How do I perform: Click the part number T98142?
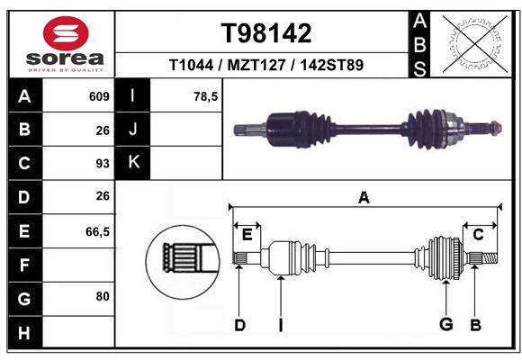(x=266, y=33)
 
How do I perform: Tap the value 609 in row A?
(x=99, y=96)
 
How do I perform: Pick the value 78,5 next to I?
(x=206, y=96)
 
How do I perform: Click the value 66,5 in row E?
(x=97, y=231)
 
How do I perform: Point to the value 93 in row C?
(x=102, y=164)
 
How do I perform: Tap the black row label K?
(x=133, y=163)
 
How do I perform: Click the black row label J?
(x=133, y=130)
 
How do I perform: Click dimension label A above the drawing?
(x=364, y=197)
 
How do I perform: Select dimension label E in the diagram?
(x=247, y=234)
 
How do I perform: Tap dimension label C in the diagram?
(x=479, y=235)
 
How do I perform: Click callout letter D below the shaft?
(x=239, y=325)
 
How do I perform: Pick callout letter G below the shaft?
(x=445, y=325)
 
